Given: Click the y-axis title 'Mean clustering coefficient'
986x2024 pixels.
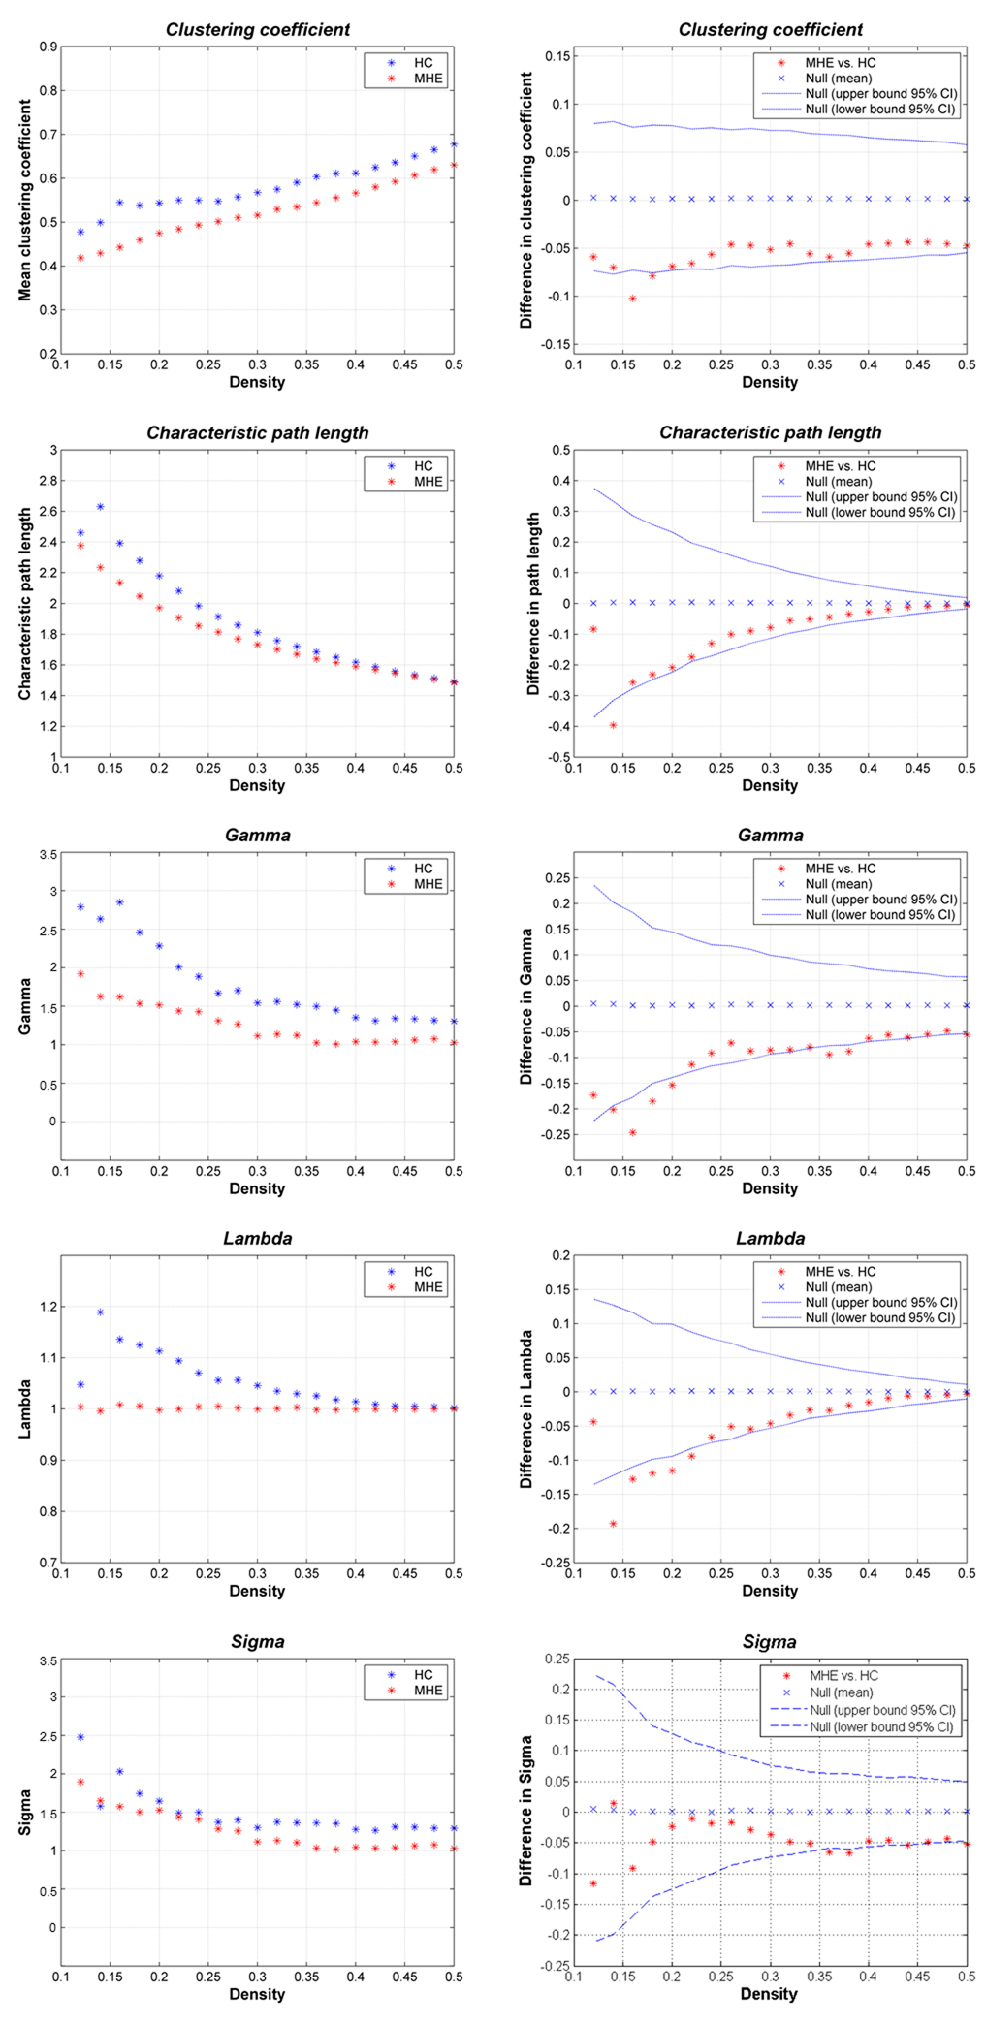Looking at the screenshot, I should (x=25, y=201).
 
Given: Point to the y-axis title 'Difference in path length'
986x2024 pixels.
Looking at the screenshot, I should (x=533, y=604).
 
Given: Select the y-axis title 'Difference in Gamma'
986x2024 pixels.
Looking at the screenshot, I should (x=527, y=1006).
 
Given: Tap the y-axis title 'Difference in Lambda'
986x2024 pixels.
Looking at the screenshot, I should (x=527, y=1409).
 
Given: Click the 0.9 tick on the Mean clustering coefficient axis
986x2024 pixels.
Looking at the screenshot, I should (x=48, y=47).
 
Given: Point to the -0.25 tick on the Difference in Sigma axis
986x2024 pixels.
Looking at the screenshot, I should (x=557, y=1965).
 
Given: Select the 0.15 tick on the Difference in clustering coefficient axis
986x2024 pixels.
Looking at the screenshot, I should (x=557, y=56).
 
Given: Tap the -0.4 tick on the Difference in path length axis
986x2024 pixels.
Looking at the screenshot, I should (x=559, y=726).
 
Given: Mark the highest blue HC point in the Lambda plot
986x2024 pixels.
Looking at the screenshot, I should (x=100, y=1312).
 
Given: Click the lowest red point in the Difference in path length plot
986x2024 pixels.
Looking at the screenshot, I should (x=613, y=725).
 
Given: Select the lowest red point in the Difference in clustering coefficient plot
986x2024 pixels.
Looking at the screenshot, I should (x=632, y=299).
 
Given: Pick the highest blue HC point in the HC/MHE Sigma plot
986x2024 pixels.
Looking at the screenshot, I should (x=80, y=1737).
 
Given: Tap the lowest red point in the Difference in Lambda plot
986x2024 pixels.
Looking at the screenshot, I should (x=613, y=1524).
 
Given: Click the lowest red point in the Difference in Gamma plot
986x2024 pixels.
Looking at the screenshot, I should (x=632, y=1132).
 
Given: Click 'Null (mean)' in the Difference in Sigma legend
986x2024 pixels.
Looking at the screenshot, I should (x=841, y=1692).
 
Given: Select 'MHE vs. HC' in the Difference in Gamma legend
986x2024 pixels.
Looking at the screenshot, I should (x=840, y=869).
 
